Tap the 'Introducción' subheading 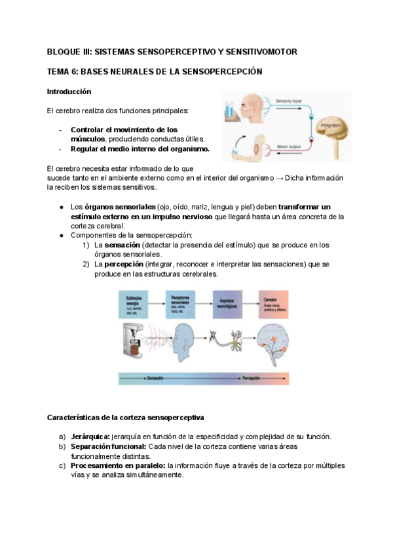[x=69, y=92]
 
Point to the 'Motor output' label [x=288, y=147]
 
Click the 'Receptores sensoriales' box [x=181, y=304]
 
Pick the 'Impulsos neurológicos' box [x=227, y=304]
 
